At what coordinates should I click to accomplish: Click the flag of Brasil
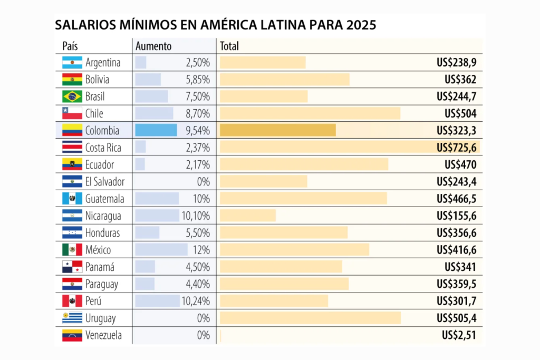72,96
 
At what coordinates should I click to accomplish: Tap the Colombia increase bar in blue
156,130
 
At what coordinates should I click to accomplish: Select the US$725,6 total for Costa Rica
456,147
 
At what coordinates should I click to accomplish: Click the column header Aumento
153,46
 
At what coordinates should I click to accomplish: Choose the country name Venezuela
103,335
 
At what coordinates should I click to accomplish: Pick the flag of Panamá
72,267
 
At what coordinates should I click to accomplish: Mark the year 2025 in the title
361,25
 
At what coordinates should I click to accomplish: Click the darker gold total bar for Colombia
277,130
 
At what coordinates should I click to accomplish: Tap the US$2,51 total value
459,335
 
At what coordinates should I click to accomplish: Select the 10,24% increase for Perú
198,301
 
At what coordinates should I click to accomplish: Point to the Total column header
229,46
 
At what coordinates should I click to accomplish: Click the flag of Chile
72,113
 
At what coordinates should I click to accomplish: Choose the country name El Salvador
105,182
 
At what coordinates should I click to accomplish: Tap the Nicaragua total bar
248,216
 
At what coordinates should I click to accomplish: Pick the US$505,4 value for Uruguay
456,318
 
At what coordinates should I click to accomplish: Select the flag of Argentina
72,63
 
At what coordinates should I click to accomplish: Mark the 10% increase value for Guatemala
201,199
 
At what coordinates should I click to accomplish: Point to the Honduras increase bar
147,232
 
